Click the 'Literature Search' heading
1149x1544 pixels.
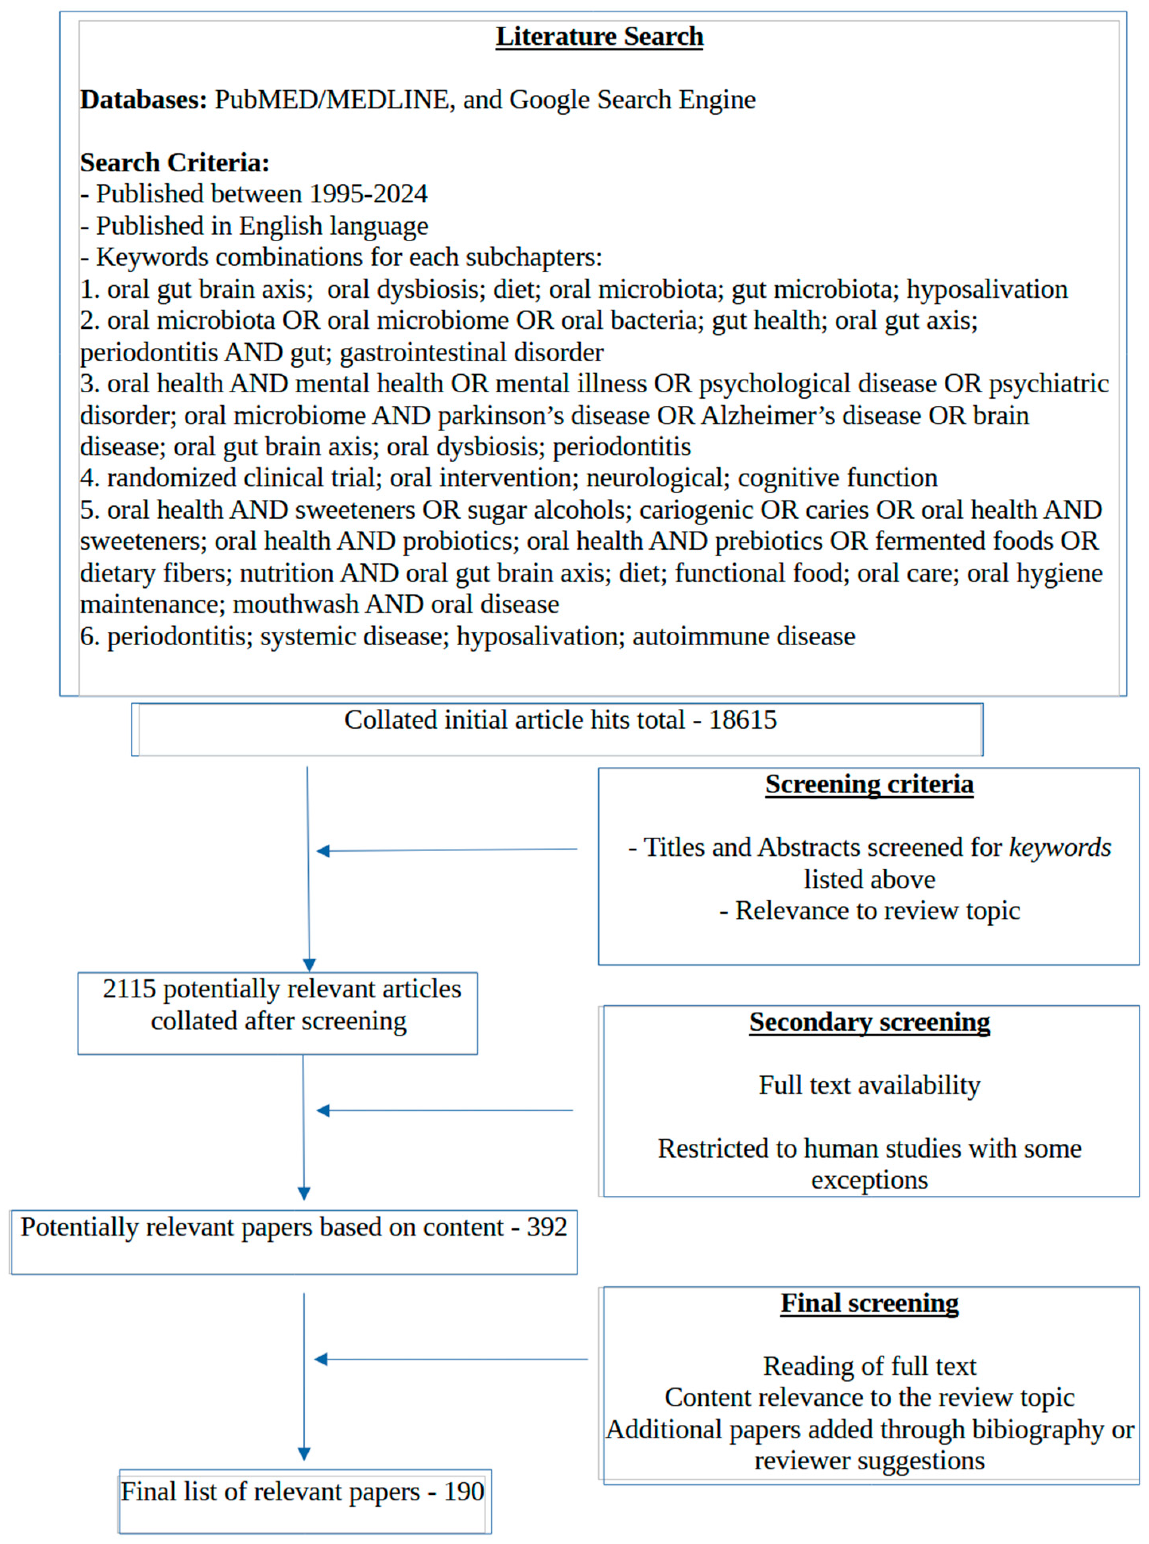coord(599,36)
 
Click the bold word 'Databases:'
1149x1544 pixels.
coord(143,99)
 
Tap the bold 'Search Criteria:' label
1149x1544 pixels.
coord(174,163)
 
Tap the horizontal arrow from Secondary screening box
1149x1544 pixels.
coord(445,1111)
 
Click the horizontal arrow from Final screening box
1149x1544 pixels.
coord(451,1359)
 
